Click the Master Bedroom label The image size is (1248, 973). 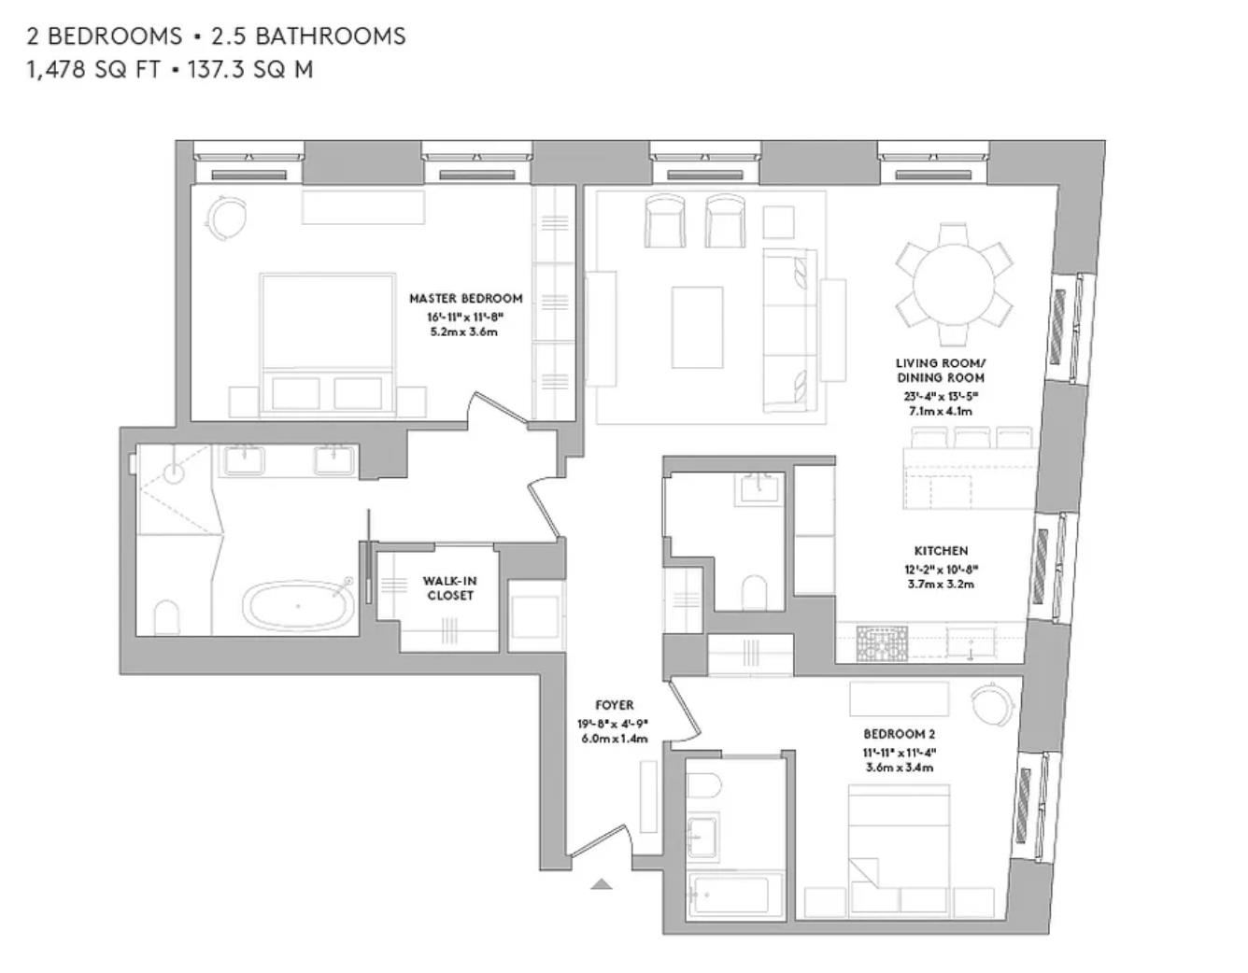[x=465, y=299]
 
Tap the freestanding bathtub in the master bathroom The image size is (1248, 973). [x=299, y=606]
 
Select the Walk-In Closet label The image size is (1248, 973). [x=449, y=588]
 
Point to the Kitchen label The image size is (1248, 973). [x=941, y=551]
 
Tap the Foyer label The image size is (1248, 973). [x=614, y=706]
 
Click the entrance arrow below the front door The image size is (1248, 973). [x=602, y=883]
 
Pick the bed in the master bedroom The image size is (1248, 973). [x=327, y=341]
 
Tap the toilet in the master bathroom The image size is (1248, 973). [x=166, y=617]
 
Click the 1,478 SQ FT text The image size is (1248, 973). [x=94, y=69]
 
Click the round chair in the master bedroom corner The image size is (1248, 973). [x=226, y=219]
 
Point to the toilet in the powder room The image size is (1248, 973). [x=754, y=591]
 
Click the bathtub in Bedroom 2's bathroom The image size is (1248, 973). [x=728, y=895]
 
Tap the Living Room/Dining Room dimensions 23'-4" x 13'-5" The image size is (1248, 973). [x=941, y=395]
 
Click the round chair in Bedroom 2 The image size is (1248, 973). [x=989, y=702]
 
